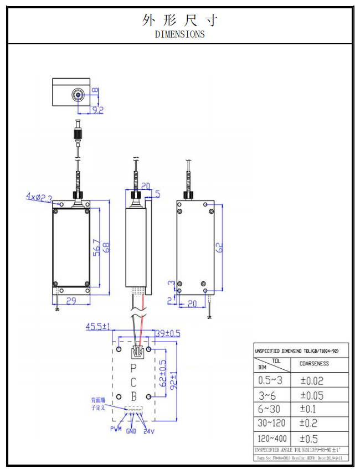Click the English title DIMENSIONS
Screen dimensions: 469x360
pyautogui.click(x=179, y=34)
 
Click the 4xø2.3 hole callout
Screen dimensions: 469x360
pyautogui.click(x=39, y=197)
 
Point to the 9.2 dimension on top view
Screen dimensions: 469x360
pyautogui.click(x=97, y=110)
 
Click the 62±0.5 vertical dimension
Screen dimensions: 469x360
pyautogui.click(x=162, y=373)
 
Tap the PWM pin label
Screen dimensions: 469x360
pyautogui.click(x=116, y=429)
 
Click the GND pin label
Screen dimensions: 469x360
pyautogui.click(x=131, y=431)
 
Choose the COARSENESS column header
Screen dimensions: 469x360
pyautogui.click(x=314, y=364)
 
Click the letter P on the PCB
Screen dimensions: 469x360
pyautogui.click(x=133, y=368)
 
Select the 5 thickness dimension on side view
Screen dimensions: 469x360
pyautogui.click(x=157, y=194)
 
